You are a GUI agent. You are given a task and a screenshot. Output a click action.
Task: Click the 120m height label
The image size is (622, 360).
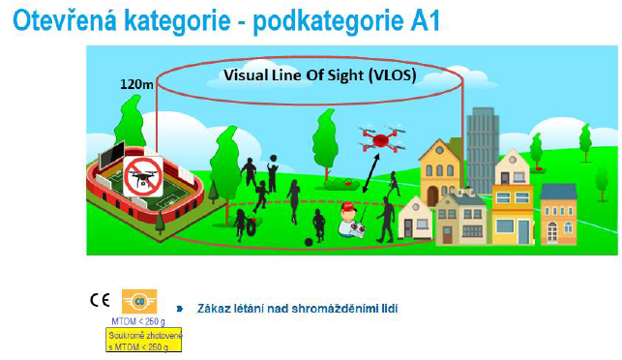(x=135, y=84)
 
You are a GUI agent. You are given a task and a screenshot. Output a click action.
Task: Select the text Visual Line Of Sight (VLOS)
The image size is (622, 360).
(x=319, y=74)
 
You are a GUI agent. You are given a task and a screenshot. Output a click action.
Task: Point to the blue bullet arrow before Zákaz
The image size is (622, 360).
(x=179, y=309)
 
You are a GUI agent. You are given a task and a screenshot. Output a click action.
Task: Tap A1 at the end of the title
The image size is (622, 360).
(x=423, y=20)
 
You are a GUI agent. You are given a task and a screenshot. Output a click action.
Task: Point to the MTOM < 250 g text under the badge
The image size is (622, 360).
(x=137, y=320)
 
